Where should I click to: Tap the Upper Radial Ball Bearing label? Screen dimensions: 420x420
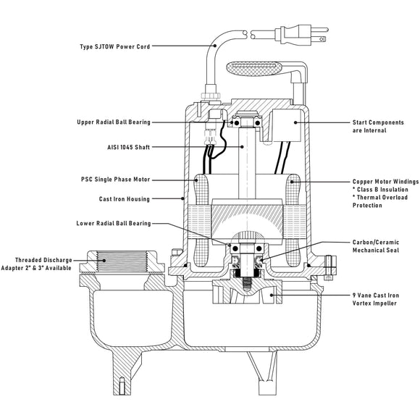coord(114,122)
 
